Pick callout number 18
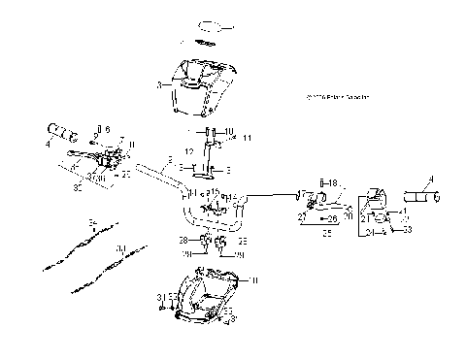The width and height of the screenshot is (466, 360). (x=332, y=182)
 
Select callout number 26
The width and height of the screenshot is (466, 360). (x=332, y=219)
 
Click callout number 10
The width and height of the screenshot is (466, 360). (x=229, y=131)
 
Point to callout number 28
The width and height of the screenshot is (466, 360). (x=183, y=239)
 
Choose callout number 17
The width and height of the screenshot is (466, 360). (x=301, y=194)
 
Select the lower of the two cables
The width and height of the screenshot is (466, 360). (x=109, y=267)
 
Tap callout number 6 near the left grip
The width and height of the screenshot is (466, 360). (x=108, y=129)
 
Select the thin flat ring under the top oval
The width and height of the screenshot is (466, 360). (x=205, y=44)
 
